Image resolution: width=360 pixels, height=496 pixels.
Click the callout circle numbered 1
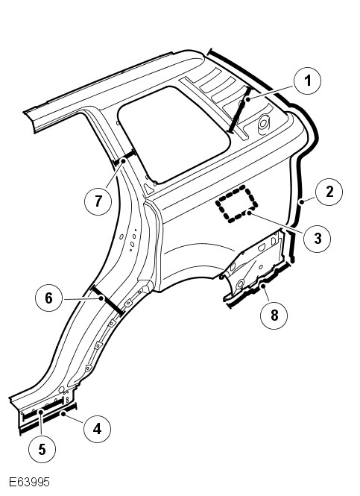pos(307,81)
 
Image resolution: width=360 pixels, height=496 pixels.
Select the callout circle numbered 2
pos(329,192)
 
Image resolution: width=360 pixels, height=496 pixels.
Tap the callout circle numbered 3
pos(317,238)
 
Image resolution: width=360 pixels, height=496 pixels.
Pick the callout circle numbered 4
pos(98,429)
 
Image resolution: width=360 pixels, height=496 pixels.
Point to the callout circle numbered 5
pos(42,449)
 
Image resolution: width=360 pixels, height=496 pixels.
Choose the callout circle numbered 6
pos(48,298)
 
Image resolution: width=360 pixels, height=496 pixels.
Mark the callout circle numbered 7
pos(98,201)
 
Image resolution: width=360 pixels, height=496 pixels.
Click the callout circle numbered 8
pos(274,316)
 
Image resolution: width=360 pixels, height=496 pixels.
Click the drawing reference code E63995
pos(29,482)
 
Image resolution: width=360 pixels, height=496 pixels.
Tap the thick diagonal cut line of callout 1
pos(240,110)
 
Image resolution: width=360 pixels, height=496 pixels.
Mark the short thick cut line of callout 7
pos(124,158)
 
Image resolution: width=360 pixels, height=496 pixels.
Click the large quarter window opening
pos(174,134)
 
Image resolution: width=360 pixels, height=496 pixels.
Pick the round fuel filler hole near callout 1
pos(264,124)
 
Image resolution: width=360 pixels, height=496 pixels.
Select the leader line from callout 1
pos(271,92)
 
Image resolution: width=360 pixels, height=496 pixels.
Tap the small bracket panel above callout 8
pos(253,265)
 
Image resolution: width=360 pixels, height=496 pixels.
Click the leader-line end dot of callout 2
pos(302,201)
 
